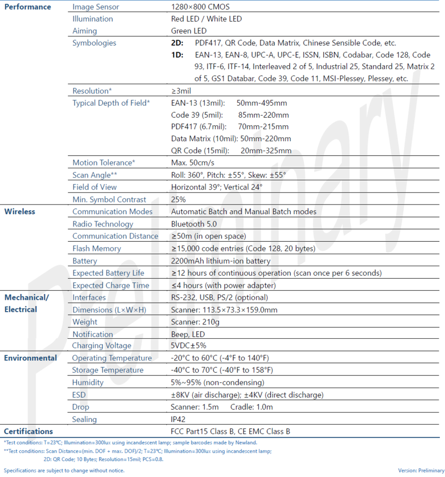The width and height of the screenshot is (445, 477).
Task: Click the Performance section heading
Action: click(x=28, y=7)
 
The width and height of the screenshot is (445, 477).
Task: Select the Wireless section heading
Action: click(x=20, y=211)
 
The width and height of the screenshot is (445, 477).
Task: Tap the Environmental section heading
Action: click(x=30, y=358)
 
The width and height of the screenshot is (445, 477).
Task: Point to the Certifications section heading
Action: click(x=28, y=431)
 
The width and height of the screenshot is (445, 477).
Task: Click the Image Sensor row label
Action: click(x=96, y=7)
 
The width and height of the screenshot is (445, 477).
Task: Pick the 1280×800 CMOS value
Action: click(x=200, y=7)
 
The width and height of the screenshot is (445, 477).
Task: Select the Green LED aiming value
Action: click(x=188, y=31)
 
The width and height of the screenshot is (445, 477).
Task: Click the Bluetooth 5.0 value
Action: click(x=194, y=224)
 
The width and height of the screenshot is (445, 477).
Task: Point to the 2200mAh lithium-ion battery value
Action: click(x=221, y=261)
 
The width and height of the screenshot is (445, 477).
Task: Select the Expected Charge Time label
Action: click(x=111, y=285)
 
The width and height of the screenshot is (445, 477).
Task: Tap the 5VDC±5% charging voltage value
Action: click(x=188, y=346)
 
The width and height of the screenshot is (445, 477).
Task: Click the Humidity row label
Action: click(x=88, y=382)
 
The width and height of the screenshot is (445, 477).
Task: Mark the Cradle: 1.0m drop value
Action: click(x=251, y=407)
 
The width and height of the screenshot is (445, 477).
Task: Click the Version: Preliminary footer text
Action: click(x=421, y=470)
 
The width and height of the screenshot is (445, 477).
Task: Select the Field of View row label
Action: click(x=94, y=187)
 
